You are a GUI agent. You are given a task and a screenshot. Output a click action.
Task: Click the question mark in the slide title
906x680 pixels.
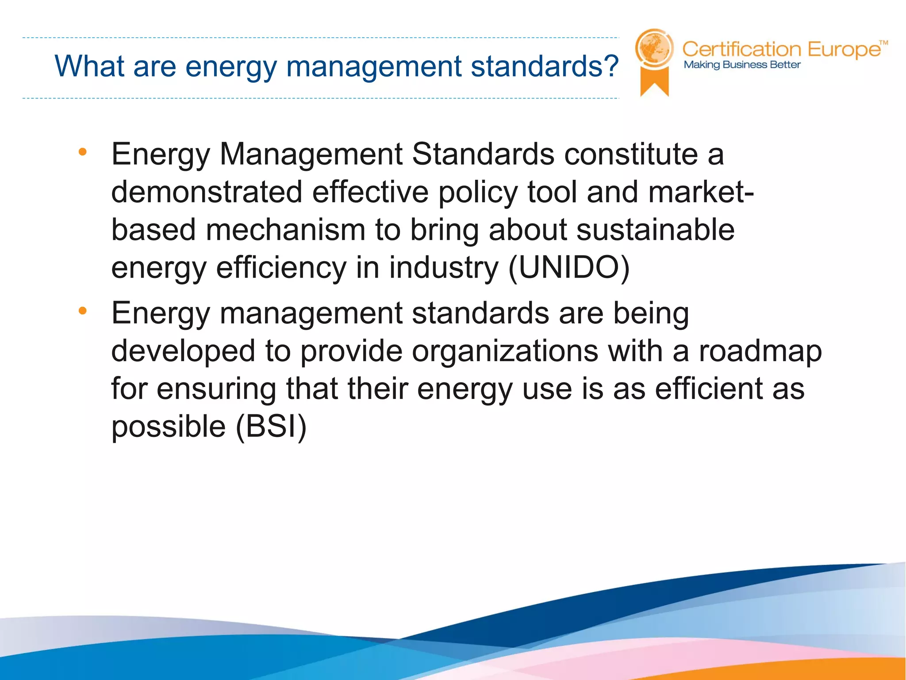click(x=610, y=66)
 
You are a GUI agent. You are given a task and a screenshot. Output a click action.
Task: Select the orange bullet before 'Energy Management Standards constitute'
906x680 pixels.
click(x=82, y=152)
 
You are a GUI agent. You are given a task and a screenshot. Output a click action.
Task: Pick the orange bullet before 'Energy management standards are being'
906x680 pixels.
click(x=82, y=311)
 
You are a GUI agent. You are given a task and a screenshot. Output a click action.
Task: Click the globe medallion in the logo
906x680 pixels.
click(x=654, y=48)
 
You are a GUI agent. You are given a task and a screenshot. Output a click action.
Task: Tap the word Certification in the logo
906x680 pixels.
click(x=742, y=49)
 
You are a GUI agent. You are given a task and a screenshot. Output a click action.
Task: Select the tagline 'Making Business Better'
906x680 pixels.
click(x=742, y=65)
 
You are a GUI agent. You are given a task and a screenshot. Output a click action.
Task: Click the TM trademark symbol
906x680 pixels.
click(x=883, y=43)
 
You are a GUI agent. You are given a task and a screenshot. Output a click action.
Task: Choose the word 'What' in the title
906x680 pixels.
click(x=89, y=66)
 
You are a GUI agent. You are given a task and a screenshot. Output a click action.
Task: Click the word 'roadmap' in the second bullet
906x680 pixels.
click(x=760, y=351)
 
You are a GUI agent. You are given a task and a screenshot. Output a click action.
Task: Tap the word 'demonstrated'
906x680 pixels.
click(x=207, y=192)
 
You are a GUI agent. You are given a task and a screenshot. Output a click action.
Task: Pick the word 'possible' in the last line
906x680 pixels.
click(x=169, y=427)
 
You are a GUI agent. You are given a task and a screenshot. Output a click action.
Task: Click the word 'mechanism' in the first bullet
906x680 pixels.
click(x=285, y=230)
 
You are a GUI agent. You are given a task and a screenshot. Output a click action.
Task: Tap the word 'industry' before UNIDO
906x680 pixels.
click(x=444, y=268)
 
